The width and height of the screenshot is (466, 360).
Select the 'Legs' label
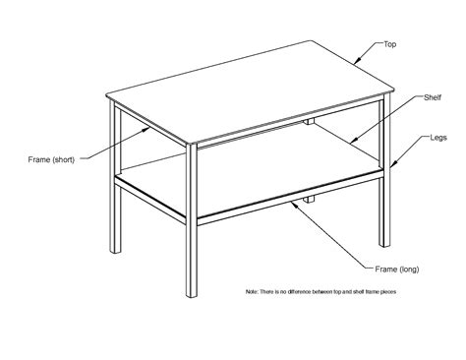[x=438, y=138]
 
